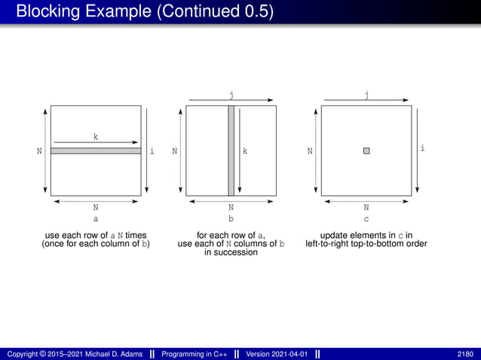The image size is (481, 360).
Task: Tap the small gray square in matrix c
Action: [366, 151]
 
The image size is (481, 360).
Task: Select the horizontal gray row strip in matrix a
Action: [96, 151]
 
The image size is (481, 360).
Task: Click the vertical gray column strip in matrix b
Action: [231, 151]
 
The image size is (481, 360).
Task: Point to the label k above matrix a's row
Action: [96, 137]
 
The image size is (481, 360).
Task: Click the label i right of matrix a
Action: [152, 151]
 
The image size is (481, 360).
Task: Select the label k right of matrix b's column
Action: [246, 151]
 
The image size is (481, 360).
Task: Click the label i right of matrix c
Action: [422, 148]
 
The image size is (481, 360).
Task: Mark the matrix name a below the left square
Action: [96, 219]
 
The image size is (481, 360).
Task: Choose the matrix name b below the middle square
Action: [231, 219]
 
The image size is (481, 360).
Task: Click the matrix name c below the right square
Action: [366, 219]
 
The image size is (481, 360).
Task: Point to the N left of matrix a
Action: [39, 151]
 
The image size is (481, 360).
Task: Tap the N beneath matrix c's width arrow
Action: [366, 207]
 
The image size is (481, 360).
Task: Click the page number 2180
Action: [465, 354]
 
